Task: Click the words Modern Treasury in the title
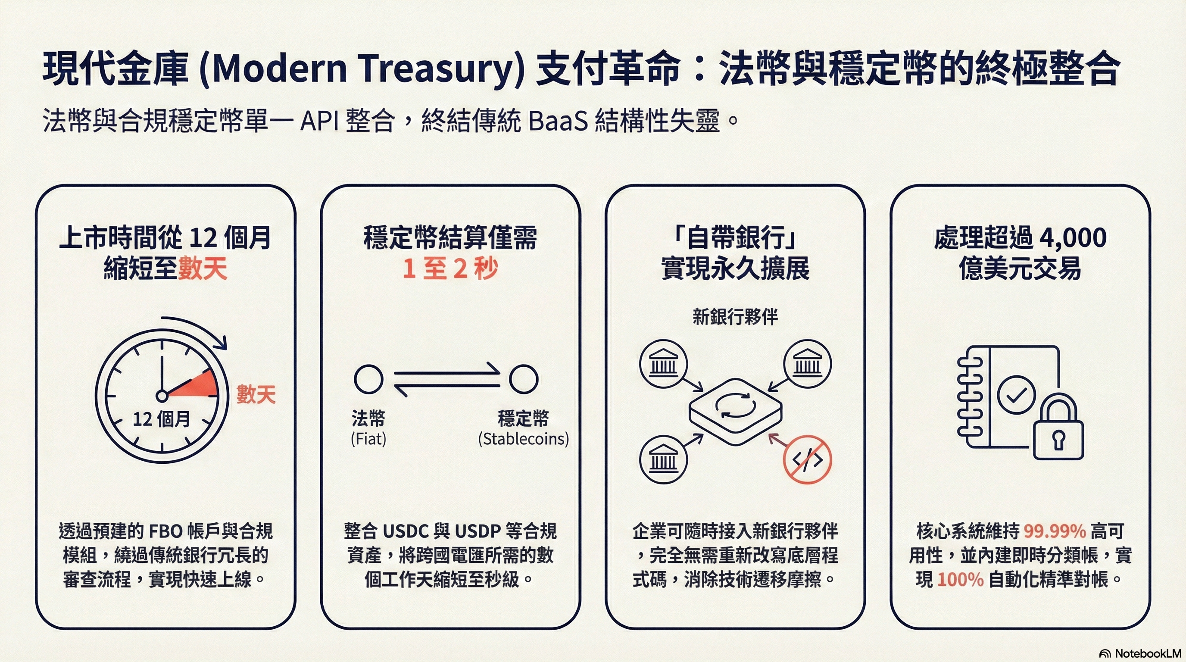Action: coord(362,69)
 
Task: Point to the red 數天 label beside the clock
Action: coord(256,395)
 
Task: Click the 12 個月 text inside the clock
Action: coord(161,419)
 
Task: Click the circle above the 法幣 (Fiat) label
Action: coord(368,379)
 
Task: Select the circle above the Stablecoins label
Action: coord(524,379)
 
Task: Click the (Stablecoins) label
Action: coord(524,439)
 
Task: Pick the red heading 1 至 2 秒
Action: coord(450,269)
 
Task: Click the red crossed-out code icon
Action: coord(807,459)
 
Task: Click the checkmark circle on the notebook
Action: coord(1016,394)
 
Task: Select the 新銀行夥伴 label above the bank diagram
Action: coord(735,317)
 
